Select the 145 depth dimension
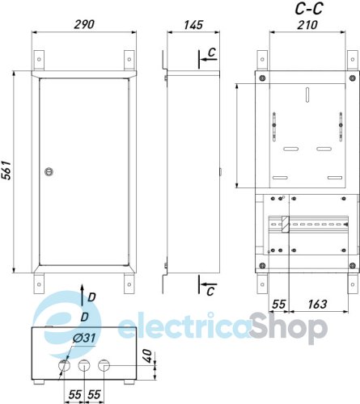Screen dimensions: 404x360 coord(193,24)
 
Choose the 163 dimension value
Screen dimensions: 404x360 coord(318,304)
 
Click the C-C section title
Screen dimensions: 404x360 coord(307,8)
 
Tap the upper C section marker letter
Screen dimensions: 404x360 coord(210,53)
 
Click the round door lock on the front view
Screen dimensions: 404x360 coord(49,170)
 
